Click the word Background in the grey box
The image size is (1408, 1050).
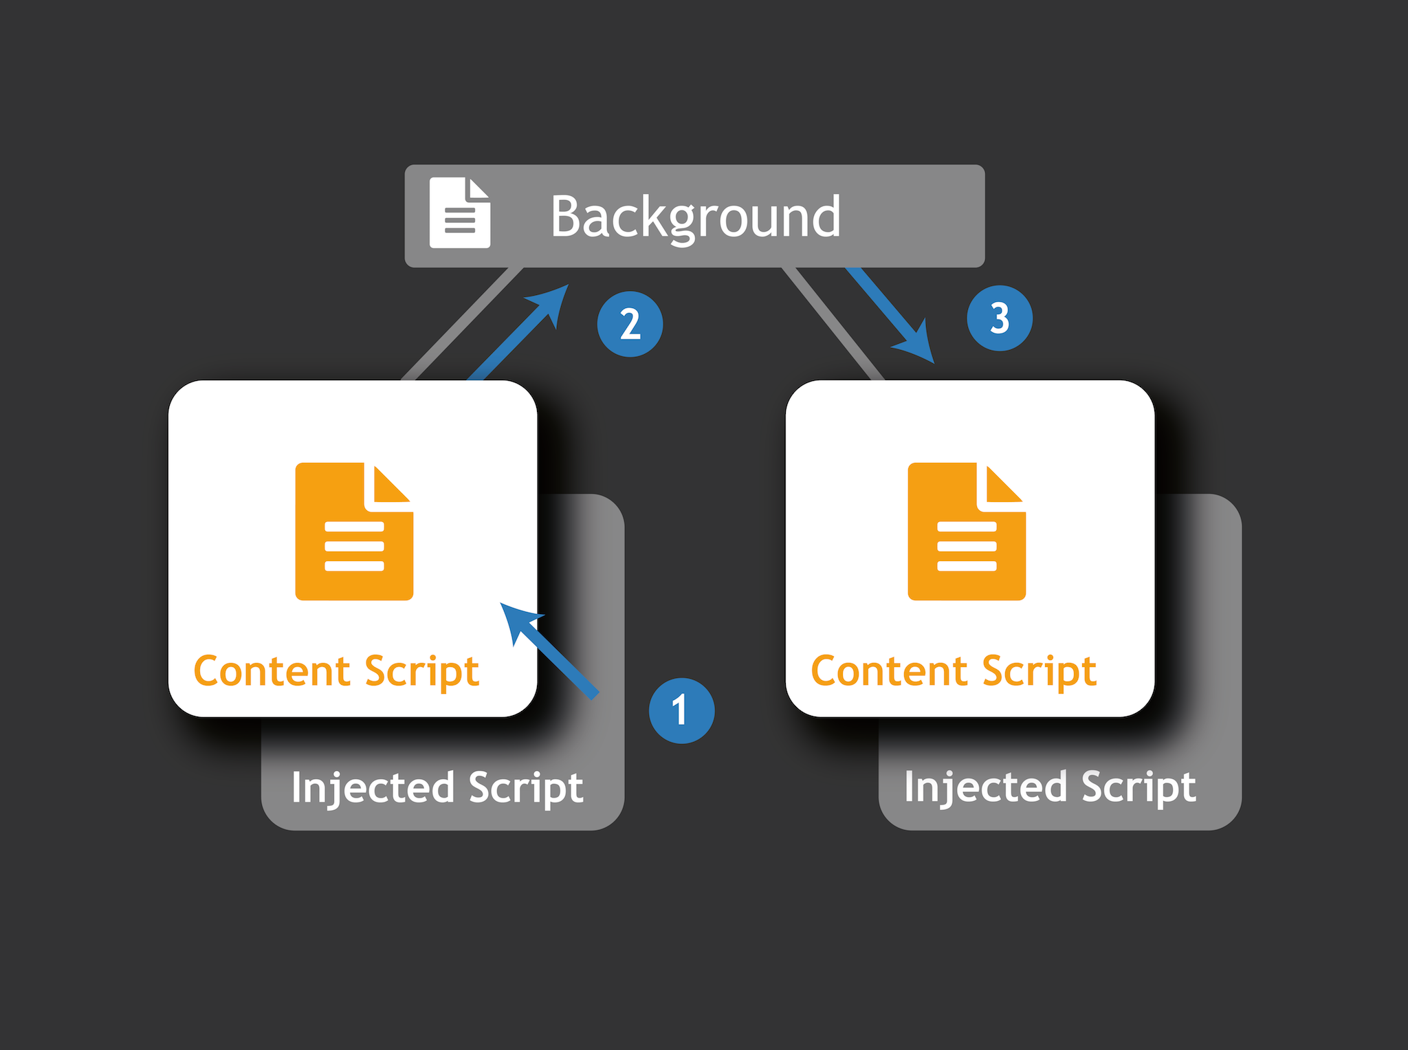[695, 217]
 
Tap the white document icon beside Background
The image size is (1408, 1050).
[459, 212]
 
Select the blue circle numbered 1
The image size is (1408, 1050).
[681, 710]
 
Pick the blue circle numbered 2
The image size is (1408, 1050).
[630, 324]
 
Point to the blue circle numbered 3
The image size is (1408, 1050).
[999, 318]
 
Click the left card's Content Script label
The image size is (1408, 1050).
[336, 671]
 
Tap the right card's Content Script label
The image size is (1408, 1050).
[954, 671]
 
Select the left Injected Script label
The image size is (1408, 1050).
[437, 787]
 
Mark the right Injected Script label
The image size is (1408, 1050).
[1050, 787]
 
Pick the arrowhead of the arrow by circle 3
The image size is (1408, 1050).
[918, 344]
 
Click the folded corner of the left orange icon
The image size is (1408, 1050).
[390, 485]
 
